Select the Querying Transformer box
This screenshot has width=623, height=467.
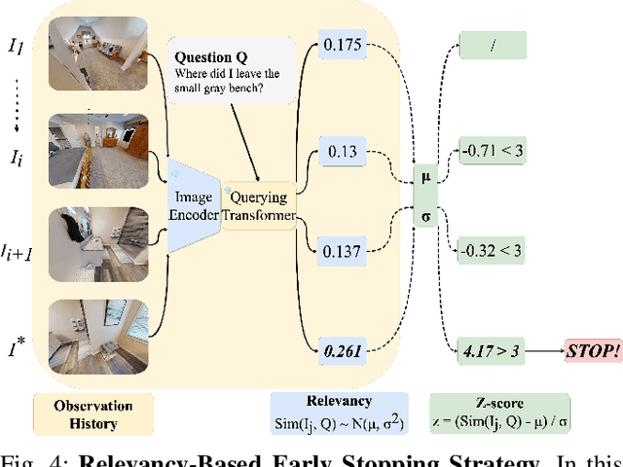(x=258, y=205)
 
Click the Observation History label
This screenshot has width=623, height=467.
(x=88, y=413)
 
